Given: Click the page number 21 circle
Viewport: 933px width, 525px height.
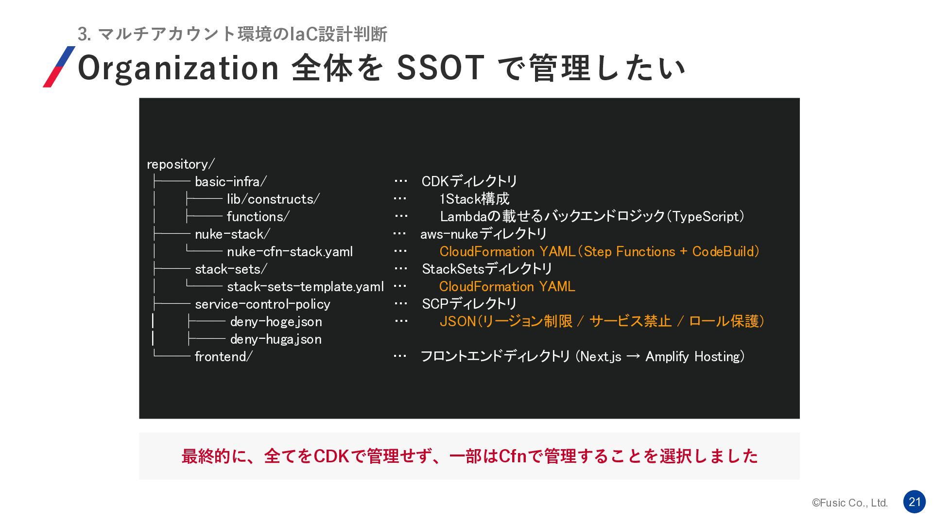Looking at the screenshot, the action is click(x=914, y=502).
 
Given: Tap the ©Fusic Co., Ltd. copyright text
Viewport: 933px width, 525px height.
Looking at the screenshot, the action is click(x=850, y=503).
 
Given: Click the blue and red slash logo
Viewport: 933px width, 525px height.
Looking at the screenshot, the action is click(x=59, y=67).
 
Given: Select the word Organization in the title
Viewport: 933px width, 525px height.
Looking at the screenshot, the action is click(x=178, y=69).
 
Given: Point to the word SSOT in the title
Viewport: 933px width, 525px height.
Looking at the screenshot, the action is click(x=440, y=68).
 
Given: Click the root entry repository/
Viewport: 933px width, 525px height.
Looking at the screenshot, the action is click(x=181, y=164).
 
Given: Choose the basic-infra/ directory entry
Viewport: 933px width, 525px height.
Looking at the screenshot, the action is click(x=231, y=182).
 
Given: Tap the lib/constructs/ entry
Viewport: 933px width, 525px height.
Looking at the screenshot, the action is click(x=273, y=199).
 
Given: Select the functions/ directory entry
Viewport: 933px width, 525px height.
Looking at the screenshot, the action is click(x=258, y=217).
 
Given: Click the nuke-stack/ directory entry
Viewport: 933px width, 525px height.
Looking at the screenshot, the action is click(x=232, y=234).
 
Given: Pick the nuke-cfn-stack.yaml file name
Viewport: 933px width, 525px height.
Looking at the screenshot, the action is click(x=290, y=252).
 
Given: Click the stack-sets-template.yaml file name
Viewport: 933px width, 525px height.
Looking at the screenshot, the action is click(x=305, y=287).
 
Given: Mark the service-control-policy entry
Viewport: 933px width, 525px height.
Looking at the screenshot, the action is click(x=262, y=304).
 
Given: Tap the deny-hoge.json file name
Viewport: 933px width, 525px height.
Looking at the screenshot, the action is click(x=276, y=322).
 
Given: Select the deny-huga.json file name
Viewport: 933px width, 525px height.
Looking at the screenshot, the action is click(x=276, y=339).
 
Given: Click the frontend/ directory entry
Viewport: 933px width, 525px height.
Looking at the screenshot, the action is click(x=224, y=357).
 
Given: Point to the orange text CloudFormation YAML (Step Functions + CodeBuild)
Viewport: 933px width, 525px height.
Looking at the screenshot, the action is click(x=599, y=252).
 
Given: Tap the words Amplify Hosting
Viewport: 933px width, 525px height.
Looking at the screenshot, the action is click(x=693, y=357).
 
